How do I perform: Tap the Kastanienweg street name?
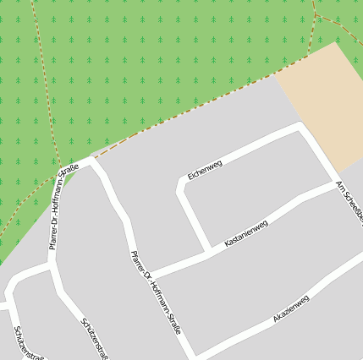click(x=245, y=234)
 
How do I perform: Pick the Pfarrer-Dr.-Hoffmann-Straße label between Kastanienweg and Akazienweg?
click(x=156, y=292)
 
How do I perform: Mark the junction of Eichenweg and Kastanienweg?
click(x=207, y=251)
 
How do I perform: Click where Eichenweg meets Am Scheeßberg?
click(x=302, y=127)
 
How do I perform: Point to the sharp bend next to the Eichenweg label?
click(x=181, y=183)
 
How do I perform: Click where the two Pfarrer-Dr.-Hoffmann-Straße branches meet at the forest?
click(x=87, y=161)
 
